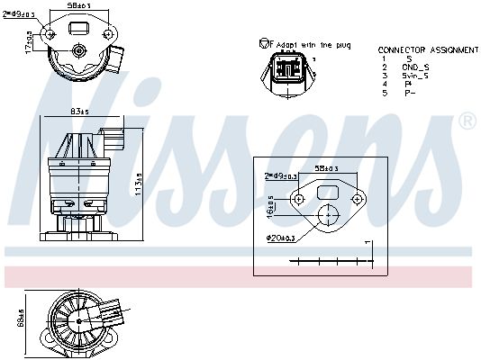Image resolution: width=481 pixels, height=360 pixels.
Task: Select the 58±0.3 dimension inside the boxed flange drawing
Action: click(326, 168)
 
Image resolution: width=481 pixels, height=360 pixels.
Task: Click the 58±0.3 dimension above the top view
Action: click(81, 5)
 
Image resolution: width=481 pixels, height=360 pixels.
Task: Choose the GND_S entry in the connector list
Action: click(415, 67)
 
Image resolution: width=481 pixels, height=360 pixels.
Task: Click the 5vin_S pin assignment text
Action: click(416, 76)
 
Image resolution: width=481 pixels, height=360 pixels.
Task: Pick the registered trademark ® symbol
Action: click(467, 121)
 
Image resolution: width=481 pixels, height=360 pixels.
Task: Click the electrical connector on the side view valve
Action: click(113, 141)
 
